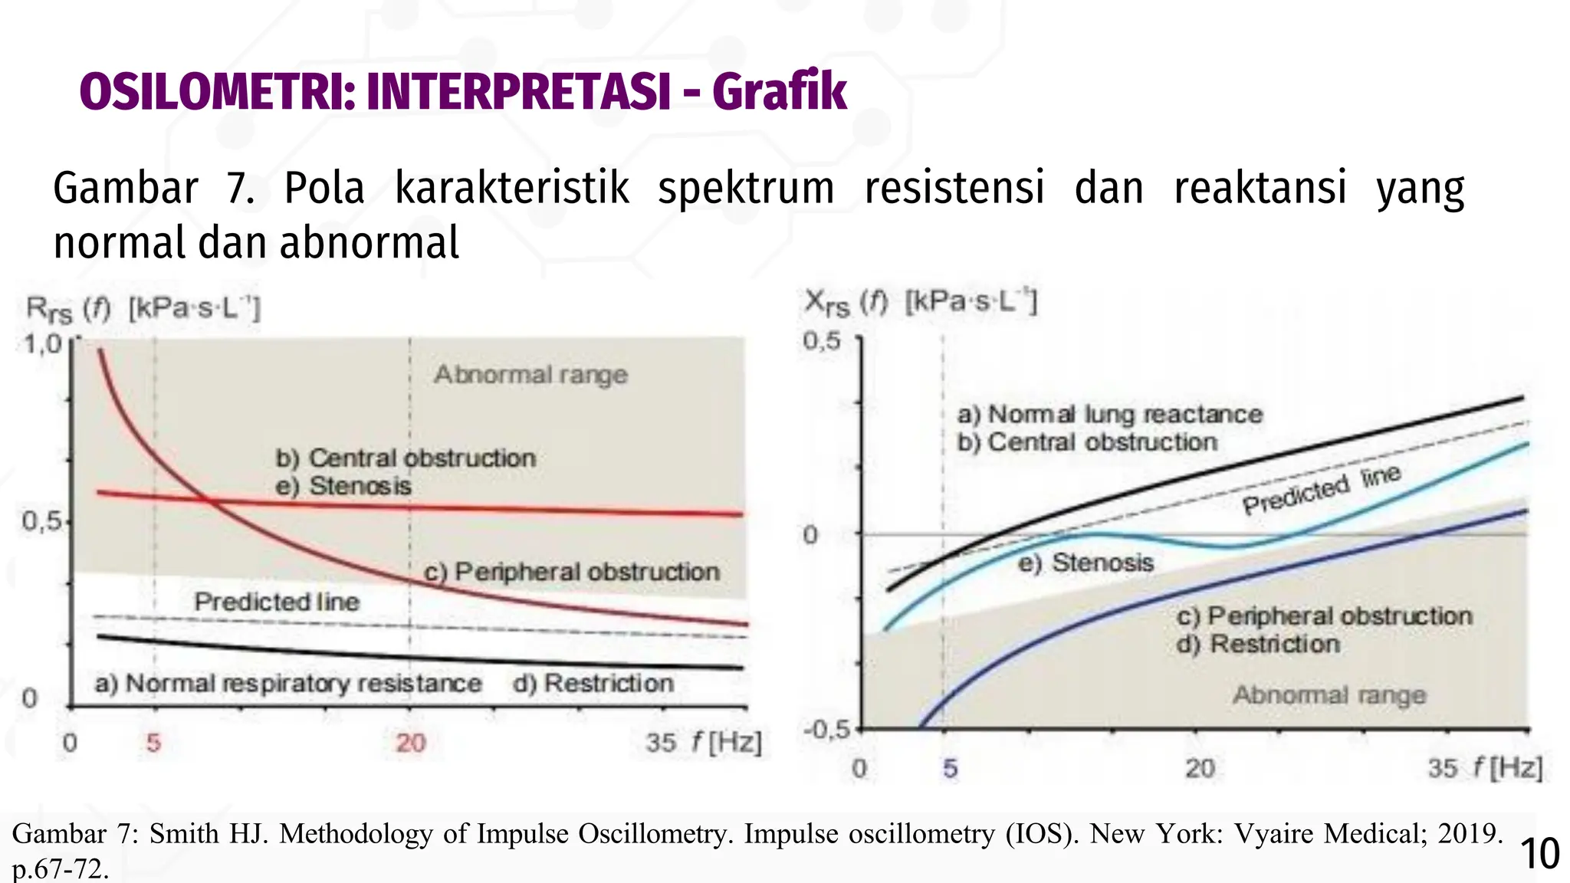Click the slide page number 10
click(x=1539, y=854)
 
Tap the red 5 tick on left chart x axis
click(x=154, y=743)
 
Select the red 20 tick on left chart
click(x=410, y=743)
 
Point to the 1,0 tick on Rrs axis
click(x=41, y=344)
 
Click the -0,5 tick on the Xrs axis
click(x=826, y=729)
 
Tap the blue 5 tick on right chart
click(x=950, y=768)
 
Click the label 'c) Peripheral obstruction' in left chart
click(x=572, y=572)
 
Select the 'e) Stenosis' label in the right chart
click(x=1086, y=563)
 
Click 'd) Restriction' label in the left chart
click(x=593, y=683)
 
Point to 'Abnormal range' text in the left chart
click(x=530, y=375)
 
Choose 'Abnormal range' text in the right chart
click(x=1329, y=695)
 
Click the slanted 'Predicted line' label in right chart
click(x=1321, y=490)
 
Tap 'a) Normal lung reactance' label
click(x=1109, y=415)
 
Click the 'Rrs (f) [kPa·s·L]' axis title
click(x=143, y=310)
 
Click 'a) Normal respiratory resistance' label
click(x=288, y=683)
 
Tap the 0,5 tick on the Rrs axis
click(x=41, y=522)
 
